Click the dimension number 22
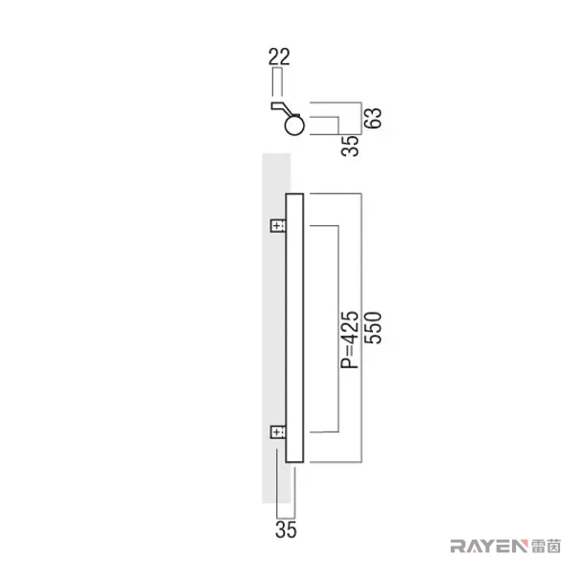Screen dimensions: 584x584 click(279, 58)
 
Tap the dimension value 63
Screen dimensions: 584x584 click(373, 118)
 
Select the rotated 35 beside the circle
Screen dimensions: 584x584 click(350, 146)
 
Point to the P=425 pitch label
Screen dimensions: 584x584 click(350, 339)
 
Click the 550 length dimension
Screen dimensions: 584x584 click(373, 328)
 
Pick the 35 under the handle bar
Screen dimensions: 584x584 click(286, 529)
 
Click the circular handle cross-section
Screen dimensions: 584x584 click(294, 125)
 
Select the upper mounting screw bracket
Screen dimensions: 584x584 click(278, 225)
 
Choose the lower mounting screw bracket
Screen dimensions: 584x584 click(278, 432)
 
